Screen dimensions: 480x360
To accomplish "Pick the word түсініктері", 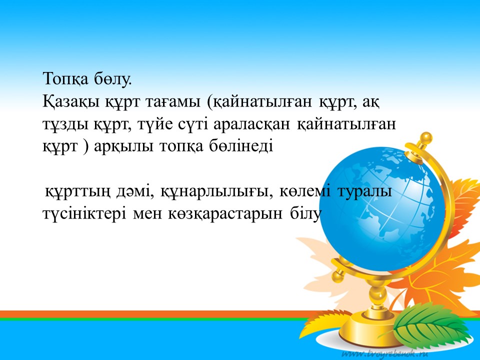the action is point(84,213).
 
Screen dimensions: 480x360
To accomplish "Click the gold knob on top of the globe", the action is point(426,138).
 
